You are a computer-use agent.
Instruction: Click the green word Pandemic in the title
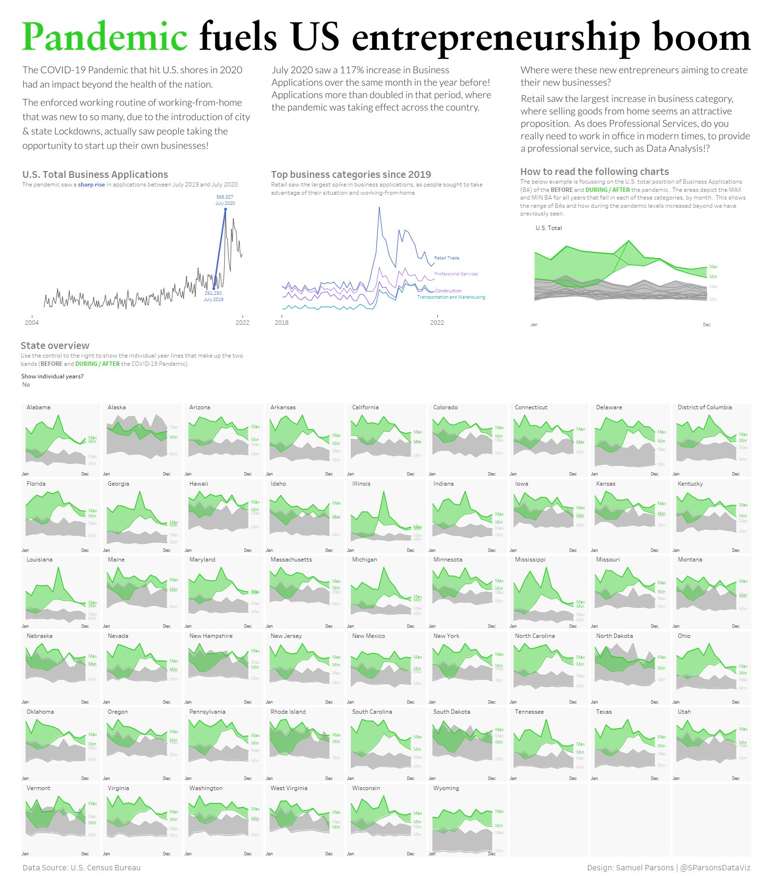(104, 37)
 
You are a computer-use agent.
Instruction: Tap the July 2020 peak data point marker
(225, 209)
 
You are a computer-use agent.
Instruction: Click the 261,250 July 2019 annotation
(213, 296)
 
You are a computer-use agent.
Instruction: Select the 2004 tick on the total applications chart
(32, 322)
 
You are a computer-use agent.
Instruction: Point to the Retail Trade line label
(446, 258)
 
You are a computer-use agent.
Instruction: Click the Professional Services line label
(456, 274)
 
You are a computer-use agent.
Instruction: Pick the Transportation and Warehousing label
(451, 297)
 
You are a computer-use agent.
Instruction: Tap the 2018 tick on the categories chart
(281, 322)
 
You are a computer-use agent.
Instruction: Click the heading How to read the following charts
(594, 172)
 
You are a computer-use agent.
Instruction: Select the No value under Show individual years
(26, 385)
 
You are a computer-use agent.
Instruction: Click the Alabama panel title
(38, 407)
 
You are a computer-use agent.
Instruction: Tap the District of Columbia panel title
(704, 407)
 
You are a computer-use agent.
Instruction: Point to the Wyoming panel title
(446, 788)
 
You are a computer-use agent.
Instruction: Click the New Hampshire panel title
(211, 636)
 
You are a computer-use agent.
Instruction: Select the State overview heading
(55, 346)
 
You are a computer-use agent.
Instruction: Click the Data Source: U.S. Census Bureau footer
(81, 867)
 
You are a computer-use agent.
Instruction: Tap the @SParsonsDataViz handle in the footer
(715, 867)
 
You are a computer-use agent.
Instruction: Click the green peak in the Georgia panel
(140, 492)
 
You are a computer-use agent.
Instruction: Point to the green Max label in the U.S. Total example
(713, 267)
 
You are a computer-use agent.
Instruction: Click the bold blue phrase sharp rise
(91, 185)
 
